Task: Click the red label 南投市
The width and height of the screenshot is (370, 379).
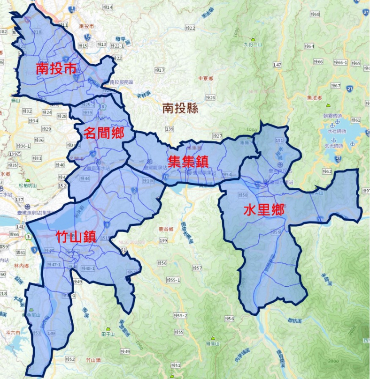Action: point(56,70)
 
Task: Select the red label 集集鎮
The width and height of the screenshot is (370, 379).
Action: point(188,162)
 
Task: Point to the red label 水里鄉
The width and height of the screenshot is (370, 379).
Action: point(264,210)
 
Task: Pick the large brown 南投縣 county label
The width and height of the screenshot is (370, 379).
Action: point(180,109)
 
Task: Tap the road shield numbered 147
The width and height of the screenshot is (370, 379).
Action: point(278,65)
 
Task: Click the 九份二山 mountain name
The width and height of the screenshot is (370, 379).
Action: point(254,45)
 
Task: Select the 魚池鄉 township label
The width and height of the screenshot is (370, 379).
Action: point(313,98)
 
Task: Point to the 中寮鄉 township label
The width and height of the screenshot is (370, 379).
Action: point(206,78)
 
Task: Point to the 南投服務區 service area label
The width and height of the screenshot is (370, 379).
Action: point(122,82)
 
